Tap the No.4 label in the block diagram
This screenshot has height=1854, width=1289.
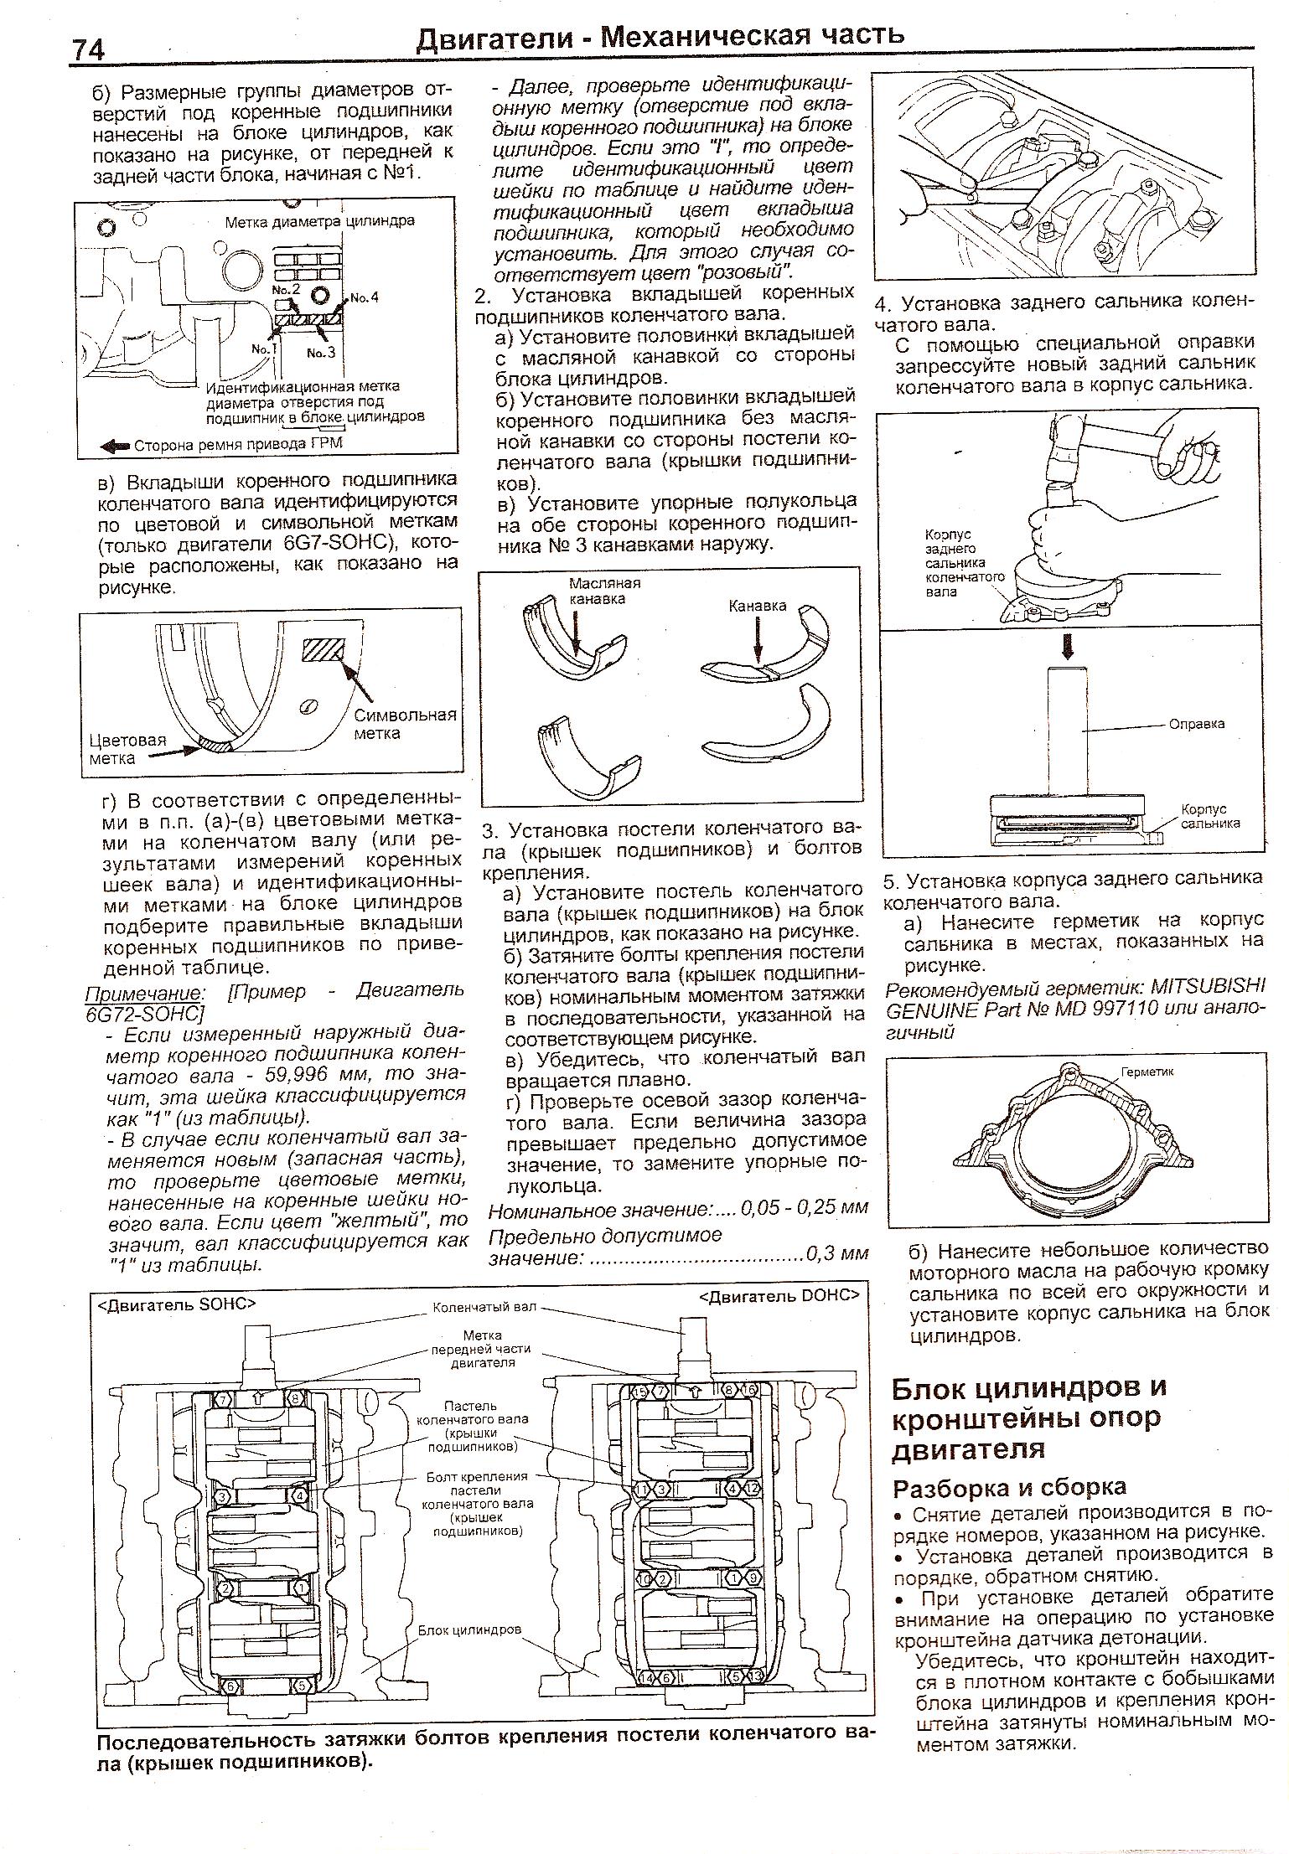pos(364,297)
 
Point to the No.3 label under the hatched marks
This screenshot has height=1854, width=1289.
pos(320,353)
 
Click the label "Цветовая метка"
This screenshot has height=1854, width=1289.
pos(127,749)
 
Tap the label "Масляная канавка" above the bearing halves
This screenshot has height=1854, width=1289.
pos(604,591)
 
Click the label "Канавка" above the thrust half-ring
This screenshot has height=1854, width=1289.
pos(757,606)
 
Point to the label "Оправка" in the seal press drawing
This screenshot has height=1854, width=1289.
pos(1197,724)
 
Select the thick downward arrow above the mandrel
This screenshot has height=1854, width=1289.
pos(1067,646)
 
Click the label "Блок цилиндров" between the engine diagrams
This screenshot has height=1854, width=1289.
pos(469,1630)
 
